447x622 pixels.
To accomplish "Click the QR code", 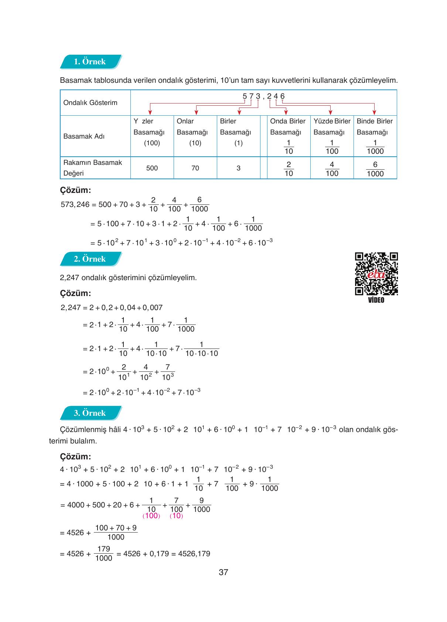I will pyautogui.click(x=376, y=273).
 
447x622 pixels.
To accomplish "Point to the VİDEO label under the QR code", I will pyautogui.click(x=376, y=300).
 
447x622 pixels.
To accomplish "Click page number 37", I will pyautogui.click(x=223, y=572).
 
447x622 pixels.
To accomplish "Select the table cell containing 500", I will pyautogui.click(x=152, y=168).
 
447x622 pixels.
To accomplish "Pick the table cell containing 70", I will pyautogui.click(x=195, y=168).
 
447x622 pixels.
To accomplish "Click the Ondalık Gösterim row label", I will pyautogui.click(x=90, y=103).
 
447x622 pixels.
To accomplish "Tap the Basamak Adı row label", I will pyautogui.click(x=84, y=136).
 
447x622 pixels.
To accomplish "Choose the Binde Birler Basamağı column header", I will pyautogui.click(x=375, y=127).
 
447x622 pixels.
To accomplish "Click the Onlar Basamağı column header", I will pyautogui.click(x=192, y=127).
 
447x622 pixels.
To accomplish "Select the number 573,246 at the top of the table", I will pyautogui.click(x=263, y=96).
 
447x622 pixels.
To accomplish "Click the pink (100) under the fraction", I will pyautogui.click(x=151, y=516).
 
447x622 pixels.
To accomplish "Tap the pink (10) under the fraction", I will pyautogui.click(x=176, y=516).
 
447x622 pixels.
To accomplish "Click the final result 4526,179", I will pyautogui.click(x=194, y=554).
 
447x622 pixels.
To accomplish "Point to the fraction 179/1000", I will pyautogui.click(x=103, y=554).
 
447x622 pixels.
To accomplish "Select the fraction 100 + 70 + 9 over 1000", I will pyautogui.click(x=116, y=533).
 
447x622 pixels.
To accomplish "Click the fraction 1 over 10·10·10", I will pyautogui.click(x=201, y=349).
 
